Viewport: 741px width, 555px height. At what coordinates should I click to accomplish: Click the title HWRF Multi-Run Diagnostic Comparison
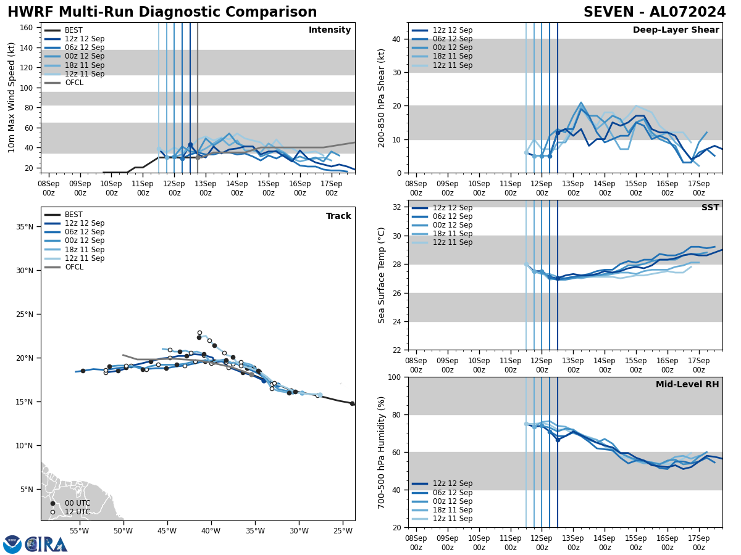[162, 12]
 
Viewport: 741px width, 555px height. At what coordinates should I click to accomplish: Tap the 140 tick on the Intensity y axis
[27, 47]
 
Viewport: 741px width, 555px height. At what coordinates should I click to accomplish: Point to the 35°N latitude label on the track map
[24, 226]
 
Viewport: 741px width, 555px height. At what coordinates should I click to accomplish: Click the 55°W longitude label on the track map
[79, 531]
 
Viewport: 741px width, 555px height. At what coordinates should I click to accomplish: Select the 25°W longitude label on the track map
[343, 531]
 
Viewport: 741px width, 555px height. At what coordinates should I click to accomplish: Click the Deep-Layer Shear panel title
[676, 30]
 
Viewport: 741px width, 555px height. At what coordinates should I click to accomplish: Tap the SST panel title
[710, 208]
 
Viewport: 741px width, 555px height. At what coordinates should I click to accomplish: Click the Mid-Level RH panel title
[687, 385]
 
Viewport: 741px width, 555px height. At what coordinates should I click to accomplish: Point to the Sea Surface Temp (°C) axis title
[382, 275]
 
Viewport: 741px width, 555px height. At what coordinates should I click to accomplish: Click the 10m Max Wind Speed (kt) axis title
[12, 97]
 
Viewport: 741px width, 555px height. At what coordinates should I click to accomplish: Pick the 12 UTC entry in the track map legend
[73, 512]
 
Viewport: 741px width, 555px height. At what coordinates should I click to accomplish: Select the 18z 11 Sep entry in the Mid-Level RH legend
[453, 510]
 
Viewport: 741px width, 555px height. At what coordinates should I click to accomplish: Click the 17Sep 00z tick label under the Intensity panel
[332, 188]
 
